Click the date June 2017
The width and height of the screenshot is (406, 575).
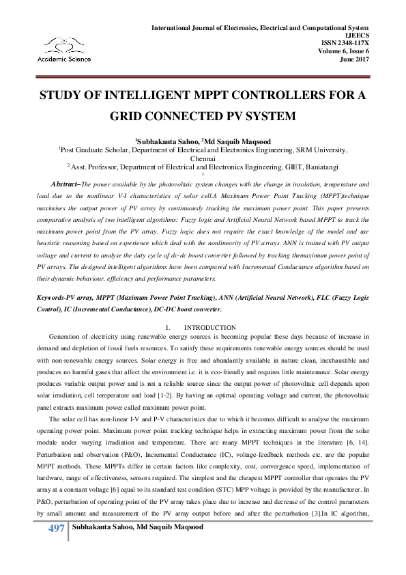click(353, 58)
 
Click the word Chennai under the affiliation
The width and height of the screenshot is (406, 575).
click(203, 156)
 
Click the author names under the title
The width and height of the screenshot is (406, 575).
click(203, 138)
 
